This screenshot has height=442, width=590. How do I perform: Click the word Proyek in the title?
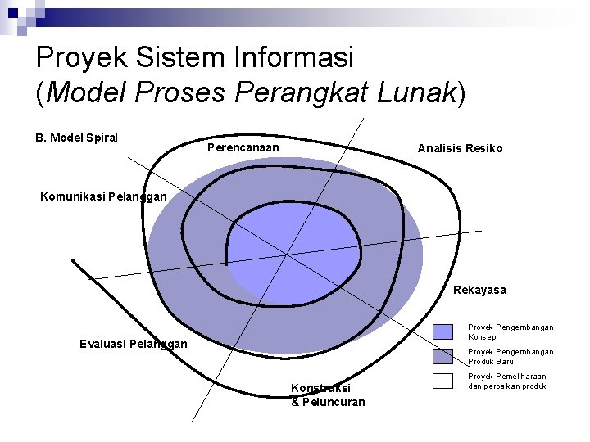coord(77,57)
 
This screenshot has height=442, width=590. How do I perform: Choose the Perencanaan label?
coord(243,147)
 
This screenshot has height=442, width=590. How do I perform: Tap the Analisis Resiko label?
coord(460,148)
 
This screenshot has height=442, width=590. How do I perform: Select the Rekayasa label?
coord(479,290)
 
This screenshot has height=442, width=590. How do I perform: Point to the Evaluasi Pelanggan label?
coord(134,344)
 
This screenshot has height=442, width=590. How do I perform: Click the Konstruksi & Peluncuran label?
coord(327,395)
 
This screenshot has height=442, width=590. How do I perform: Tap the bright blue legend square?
coord(442,331)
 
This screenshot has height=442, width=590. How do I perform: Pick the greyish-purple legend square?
coord(442,356)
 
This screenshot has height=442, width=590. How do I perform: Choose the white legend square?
coord(442,381)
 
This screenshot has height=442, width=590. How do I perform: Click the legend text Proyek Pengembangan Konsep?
coord(510,331)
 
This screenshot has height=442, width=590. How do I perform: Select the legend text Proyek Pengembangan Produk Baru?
coord(510,356)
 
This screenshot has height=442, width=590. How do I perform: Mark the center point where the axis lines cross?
coord(287,255)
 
